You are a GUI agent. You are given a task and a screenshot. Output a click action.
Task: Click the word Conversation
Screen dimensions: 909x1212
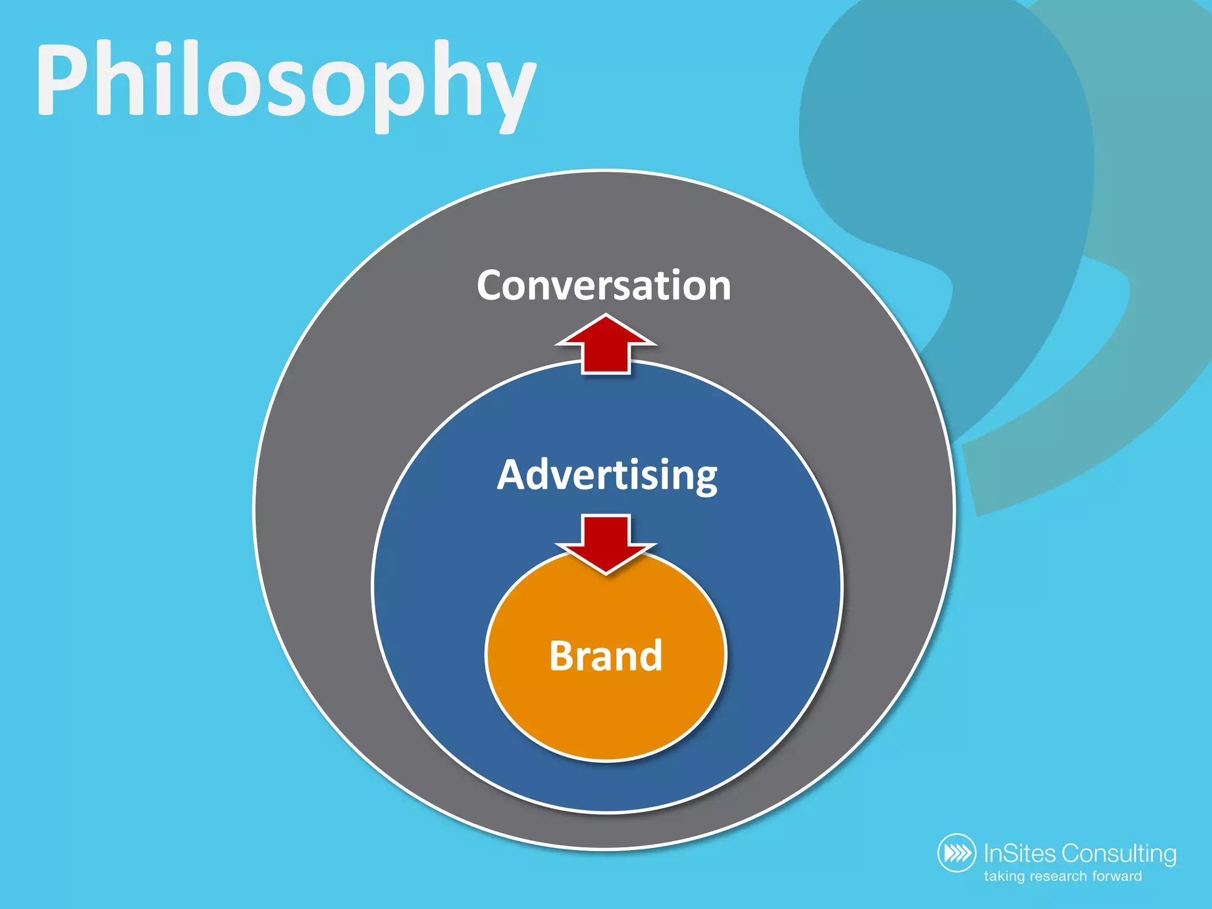pyautogui.click(x=604, y=286)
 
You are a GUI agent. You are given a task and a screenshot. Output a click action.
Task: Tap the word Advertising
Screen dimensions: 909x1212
pyautogui.click(x=607, y=475)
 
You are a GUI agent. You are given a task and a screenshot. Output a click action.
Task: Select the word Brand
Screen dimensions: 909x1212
pyautogui.click(x=605, y=656)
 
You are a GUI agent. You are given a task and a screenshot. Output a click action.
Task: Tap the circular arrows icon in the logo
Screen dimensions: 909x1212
pyautogui.click(x=956, y=853)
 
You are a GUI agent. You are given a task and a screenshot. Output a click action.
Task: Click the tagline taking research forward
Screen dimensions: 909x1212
pyautogui.click(x=1063, y=876)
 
